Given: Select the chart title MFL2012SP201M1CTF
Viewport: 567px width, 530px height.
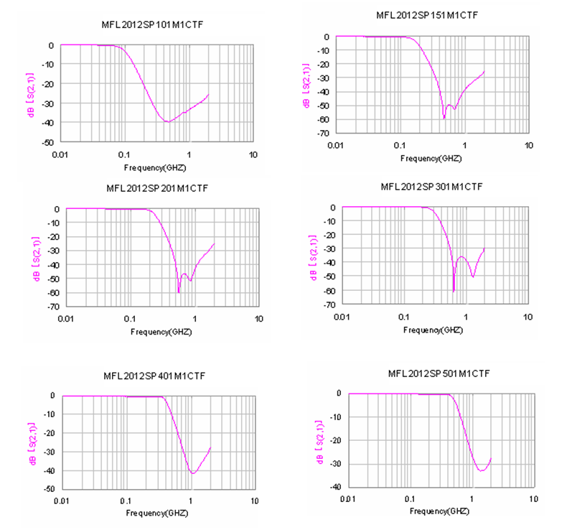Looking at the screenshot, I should pos(157,188).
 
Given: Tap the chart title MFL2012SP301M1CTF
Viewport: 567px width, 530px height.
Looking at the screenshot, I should pos(431,187).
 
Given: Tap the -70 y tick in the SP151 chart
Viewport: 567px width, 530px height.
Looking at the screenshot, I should pos(324,134).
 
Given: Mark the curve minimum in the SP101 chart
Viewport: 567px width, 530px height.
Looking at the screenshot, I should pos(168,121).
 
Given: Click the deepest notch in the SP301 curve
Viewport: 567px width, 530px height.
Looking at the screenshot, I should pos(454,291).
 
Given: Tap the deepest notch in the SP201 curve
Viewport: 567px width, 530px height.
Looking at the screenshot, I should pos(179,292).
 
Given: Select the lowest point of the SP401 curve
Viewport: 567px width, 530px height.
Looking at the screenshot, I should pos(192,473).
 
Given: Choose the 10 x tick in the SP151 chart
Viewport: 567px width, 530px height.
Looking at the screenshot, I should pos(528,145).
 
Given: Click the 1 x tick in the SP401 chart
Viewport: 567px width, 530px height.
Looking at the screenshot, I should pos(190,500).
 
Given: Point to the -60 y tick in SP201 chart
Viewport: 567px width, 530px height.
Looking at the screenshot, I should pos(54,292).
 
